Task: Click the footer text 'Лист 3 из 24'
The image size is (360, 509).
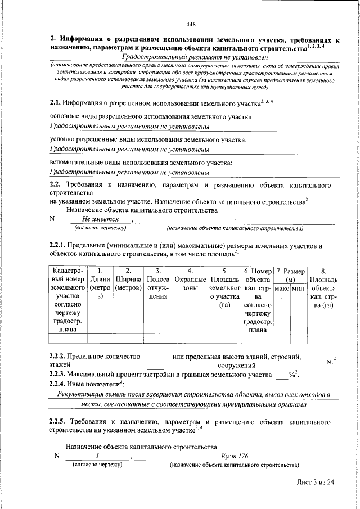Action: (316, 482)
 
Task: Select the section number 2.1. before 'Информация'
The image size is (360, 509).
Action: (55, 102)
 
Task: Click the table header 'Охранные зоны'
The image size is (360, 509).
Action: (189, 280)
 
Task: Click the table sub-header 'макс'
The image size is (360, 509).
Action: (282, 288)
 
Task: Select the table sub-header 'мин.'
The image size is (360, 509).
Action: (298, 288)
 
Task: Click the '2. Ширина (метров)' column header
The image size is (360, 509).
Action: (129, 280)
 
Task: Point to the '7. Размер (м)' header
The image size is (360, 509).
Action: (290, 276)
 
